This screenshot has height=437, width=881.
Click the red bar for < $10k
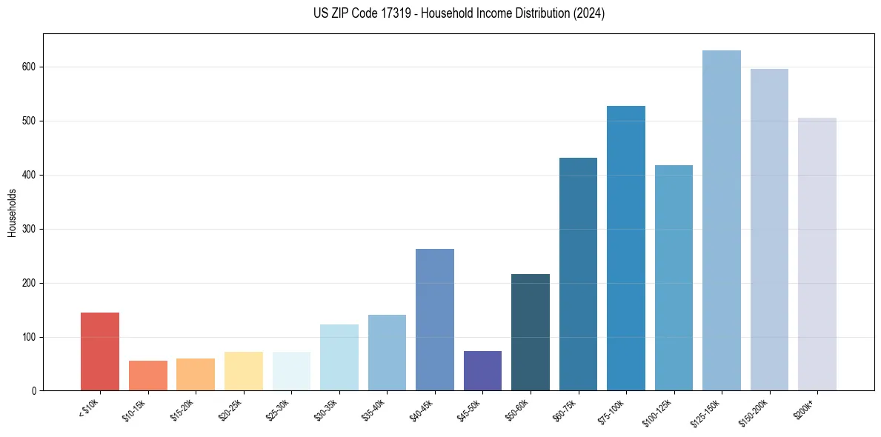point(100,352)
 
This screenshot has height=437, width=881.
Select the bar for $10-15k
point(148,376)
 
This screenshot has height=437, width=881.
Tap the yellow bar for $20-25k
point(244,371)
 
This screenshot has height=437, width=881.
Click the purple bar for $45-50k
point(482,371)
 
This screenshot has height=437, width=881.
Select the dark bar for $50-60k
point(531,333)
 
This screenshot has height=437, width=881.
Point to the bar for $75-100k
point(626,248)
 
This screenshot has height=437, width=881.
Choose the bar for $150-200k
point(769,230)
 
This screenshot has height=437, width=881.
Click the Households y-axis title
point(12,213)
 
